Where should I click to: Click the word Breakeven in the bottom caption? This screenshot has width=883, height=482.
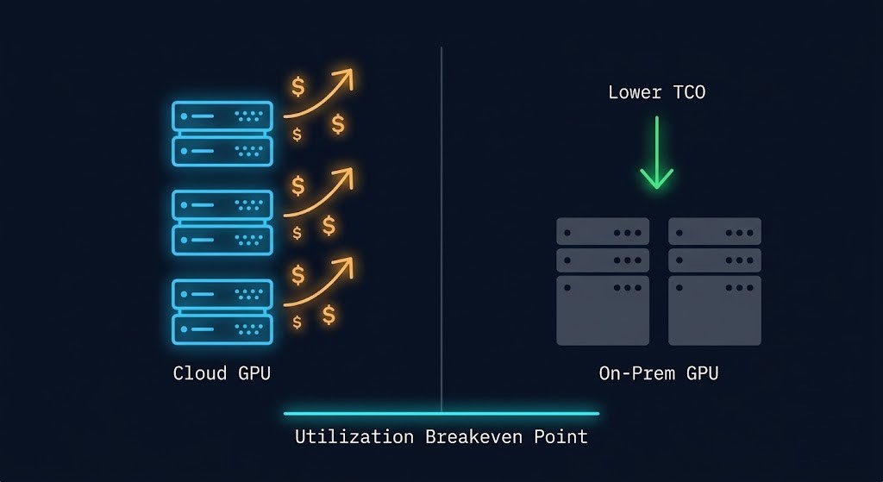pyautogui.click(x=472, y=436)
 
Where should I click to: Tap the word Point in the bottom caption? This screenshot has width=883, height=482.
pyautogui.click(x=560, y=436)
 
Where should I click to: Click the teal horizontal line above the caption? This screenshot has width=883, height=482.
pyautogui.click(x=441, y=414)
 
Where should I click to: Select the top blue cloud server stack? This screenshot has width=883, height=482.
pyautogui.click(x=222, y=133)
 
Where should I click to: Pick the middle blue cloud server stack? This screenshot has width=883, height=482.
pyautogui.click(x=222, y=222)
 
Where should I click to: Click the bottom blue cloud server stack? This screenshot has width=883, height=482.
pyautogui.click(x=222, y=311)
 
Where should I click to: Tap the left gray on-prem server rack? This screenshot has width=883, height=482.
pyautogui.click(x=603, y=281)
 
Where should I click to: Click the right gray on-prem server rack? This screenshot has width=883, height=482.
pyautogui.click(x=715, y=281)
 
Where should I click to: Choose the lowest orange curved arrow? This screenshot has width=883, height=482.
pyautogui.click(x=321, y=281)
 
